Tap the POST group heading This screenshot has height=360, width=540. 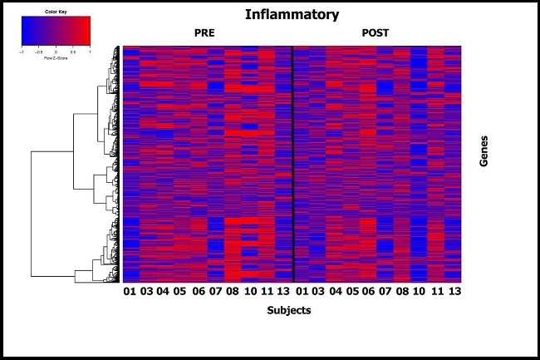375,33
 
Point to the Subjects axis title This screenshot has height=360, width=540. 290,310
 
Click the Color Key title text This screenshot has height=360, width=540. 55,12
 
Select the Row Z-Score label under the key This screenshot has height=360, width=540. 55,56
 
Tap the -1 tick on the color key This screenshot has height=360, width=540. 22,50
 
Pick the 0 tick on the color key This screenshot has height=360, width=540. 56,50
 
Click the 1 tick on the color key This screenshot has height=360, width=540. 89,50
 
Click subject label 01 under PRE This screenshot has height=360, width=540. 130,292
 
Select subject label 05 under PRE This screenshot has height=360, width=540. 179,292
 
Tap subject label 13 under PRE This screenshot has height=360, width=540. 282,292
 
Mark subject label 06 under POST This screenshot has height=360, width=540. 369,292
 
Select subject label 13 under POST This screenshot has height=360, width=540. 454,292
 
